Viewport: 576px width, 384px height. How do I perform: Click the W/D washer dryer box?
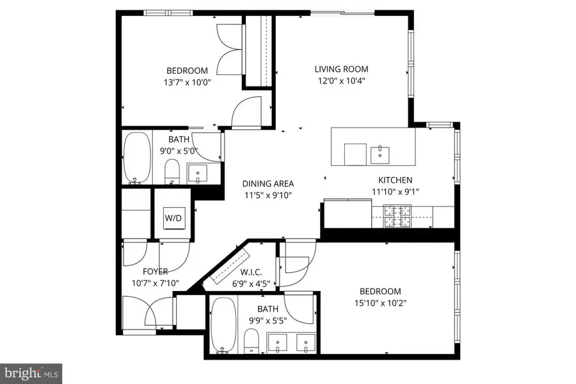tap(173, 218)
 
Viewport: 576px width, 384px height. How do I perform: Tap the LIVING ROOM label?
tap(341, 69)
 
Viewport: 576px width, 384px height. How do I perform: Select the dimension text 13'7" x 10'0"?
tap(187, 82)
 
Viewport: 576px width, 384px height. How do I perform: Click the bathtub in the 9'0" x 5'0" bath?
tap(136, 158)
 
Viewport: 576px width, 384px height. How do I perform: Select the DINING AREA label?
tap(268, 184)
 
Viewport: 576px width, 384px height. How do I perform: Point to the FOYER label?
tap(156, 272)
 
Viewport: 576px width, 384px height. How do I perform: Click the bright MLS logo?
tap(31, 372)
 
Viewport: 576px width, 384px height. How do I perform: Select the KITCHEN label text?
tap(395, 180)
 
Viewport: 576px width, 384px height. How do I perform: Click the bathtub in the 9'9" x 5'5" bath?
tap(224, 325)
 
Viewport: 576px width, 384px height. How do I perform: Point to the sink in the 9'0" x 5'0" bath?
tap(198, 172)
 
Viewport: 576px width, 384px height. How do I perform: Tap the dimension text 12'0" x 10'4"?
tap(341, 81)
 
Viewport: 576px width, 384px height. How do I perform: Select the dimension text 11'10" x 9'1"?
tap(395, 191)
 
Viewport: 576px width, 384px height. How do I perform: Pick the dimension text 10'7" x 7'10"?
tap(156, 283)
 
